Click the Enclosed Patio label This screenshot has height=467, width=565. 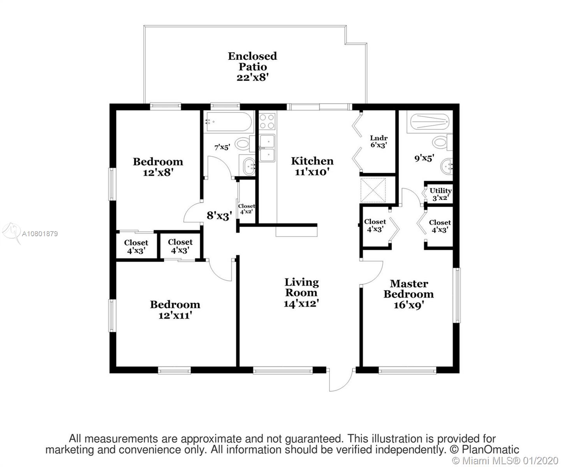(x=252, y=67)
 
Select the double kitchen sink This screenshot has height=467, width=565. (x=267, y=148)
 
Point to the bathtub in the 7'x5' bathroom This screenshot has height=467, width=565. (x=229, y=122)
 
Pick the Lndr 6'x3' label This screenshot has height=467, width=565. (x=378, y=141)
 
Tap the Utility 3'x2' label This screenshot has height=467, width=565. (x=440, y=194)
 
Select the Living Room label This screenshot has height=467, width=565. (x=301, y=293)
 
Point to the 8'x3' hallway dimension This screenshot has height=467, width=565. (x=219, y=216)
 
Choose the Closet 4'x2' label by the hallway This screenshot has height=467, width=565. (x=246, y=209)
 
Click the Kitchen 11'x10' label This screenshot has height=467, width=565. (x=312, y=166)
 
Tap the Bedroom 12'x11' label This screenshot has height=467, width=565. (x=175, y=310)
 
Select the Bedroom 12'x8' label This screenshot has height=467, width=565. (x=158, y=167)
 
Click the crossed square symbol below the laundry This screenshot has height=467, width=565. (x=373, y=190)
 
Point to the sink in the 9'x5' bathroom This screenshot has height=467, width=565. (x=446, y=165)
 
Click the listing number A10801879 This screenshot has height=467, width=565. (x=40, y=233)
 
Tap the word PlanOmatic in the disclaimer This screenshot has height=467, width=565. (x=490, y=449)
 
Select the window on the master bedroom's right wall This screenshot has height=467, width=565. (x=456, y=295)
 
